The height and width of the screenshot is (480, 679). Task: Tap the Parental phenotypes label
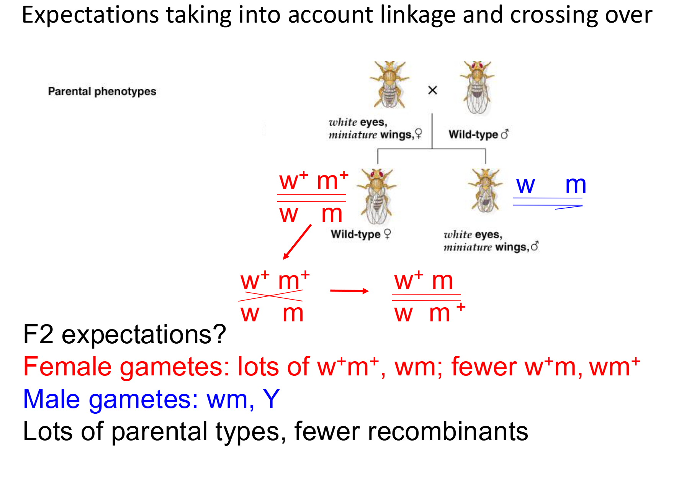(102, 91)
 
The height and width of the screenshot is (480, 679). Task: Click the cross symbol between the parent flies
(432, 90)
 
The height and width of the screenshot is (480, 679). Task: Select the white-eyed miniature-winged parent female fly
(389, 84)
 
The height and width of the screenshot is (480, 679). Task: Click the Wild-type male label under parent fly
(478, 134)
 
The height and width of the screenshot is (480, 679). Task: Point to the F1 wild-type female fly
(376, 196)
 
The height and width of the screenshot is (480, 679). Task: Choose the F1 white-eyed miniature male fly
(485, 191)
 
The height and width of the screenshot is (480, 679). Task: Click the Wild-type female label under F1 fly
(360, 234)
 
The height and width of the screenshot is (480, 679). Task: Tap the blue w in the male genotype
(525, 185)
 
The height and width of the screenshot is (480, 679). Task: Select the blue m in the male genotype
(576, 185)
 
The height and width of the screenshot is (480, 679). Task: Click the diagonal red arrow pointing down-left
(297, 242)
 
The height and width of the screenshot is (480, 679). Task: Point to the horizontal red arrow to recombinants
(349, 291)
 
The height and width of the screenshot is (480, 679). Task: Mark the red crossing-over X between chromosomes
(270, 296)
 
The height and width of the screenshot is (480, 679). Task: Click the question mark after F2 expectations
(219, 334)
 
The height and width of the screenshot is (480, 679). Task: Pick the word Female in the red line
(67, 367)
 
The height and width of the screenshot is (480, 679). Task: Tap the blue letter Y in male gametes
(271, 399)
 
